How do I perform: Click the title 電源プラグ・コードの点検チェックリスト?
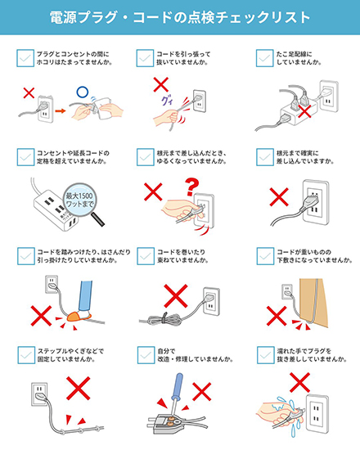pos(180,17)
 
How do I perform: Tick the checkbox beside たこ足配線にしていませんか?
pos(264,58)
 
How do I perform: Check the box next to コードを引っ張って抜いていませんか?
pos(145,58)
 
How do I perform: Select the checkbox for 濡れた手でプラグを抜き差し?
pos(265,355)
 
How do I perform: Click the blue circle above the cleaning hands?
pos(83,92)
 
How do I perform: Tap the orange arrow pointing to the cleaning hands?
pos(61,110)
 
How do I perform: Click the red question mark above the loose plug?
pos(191,187)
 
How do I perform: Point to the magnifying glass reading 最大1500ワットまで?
pos(83,203)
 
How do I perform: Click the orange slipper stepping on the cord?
pos(79,316)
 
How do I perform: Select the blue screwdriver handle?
pos(177,386)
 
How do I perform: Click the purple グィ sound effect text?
pos(167,101)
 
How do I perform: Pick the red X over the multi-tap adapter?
pos(304,110)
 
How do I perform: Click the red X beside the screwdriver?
pos(201,391)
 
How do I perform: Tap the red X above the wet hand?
pos(299,382)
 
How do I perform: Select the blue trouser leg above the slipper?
pos(86,295)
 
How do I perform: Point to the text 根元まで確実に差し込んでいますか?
pos(305,157)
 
